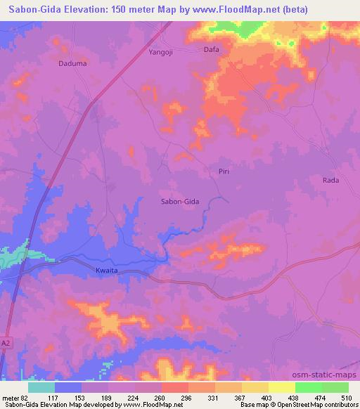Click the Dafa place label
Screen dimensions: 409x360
tap(211, 50)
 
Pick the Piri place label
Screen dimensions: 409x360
tap(224, 171)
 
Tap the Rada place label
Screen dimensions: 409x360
tap(330, 181)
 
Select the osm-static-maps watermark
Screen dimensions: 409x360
tap(331, 375)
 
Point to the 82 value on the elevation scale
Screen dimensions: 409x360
tap(27, 397)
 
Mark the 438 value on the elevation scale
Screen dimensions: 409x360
tap(294, 397)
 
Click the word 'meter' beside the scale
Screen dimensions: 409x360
tap(11, 397)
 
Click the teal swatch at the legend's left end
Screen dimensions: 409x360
tap(41, 387)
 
